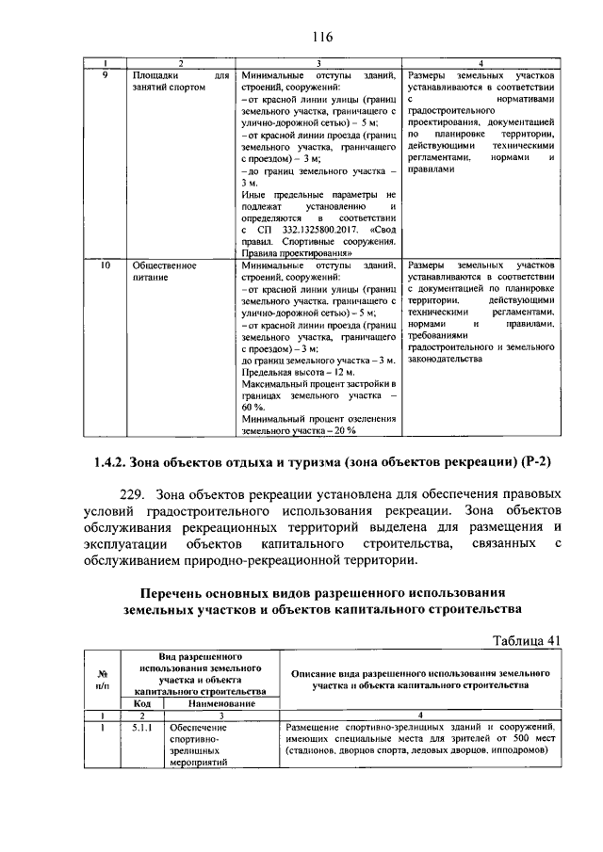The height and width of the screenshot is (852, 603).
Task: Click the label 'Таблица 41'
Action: click(x=528, y=640)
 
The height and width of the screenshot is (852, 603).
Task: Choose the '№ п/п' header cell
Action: click(x=103, y=680)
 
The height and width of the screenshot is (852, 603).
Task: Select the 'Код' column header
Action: click(x=142, y=703)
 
